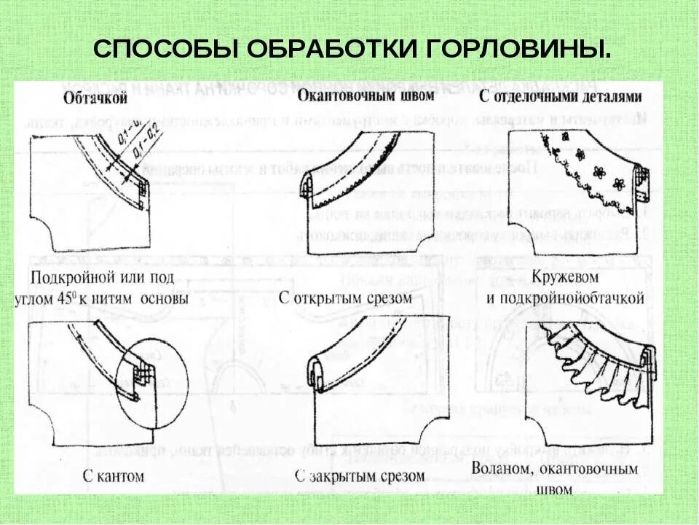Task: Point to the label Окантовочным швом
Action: coord(366,96)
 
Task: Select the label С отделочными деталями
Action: coord(561,97)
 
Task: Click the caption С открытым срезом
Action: coord(345,298)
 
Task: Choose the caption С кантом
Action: coord(113,477)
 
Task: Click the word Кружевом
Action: coord(565,278)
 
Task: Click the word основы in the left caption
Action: coord(164,299)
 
